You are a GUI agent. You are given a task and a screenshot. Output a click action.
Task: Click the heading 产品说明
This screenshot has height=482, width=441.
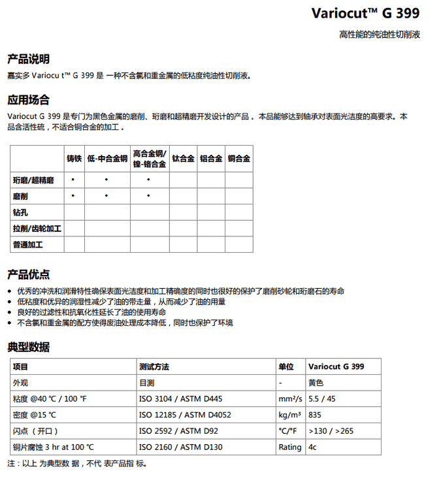point(28,59)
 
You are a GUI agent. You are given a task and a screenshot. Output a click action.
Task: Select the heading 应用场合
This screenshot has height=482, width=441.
point(28,100)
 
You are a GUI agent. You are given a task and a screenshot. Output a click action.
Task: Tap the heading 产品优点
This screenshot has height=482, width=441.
point(28,274)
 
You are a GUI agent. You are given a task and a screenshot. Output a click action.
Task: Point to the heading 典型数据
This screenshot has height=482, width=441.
point(28,347)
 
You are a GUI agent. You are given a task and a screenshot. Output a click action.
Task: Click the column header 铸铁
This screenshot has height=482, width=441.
point(74,159)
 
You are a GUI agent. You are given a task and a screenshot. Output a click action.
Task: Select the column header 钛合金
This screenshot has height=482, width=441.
point(183,159)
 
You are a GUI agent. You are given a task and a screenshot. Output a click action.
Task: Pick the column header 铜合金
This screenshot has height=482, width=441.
point(239,159)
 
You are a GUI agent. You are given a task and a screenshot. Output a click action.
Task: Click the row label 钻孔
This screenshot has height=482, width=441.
point(20,212)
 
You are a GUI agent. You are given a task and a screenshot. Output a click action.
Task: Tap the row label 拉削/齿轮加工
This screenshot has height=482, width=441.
point(37,229)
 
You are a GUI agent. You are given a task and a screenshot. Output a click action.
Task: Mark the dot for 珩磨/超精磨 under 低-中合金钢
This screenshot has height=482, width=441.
point(106,180)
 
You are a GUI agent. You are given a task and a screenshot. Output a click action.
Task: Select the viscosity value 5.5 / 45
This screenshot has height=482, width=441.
point(321,398)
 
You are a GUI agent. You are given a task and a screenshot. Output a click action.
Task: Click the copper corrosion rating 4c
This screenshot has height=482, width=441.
point(313,447)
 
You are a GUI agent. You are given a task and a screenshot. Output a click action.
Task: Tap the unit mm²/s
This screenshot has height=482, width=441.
point(289,398)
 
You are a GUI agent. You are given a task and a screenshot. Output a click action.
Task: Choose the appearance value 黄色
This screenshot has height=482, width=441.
point(316,383)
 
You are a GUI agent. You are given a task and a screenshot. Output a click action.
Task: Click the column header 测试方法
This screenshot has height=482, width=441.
point(154,366)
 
